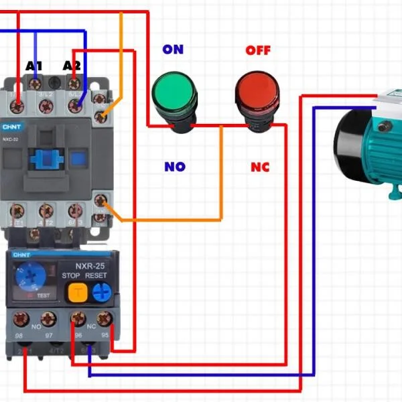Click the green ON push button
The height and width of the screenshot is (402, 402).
[174, 94]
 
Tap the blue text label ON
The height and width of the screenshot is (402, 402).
[173, 50]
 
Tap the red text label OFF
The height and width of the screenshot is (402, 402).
[258, 50]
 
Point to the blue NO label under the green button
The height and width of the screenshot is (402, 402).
[174, 166]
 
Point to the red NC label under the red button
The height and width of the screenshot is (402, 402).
[260, 166]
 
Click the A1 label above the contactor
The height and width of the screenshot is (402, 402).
[34, 66]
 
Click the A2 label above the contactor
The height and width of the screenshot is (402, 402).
[72, 66]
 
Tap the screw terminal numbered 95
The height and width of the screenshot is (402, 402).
[103, 318]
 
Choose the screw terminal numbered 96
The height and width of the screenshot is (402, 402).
[78, 318]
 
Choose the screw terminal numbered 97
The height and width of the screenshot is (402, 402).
[48, 318]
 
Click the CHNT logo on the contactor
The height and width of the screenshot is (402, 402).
[11, 126]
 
